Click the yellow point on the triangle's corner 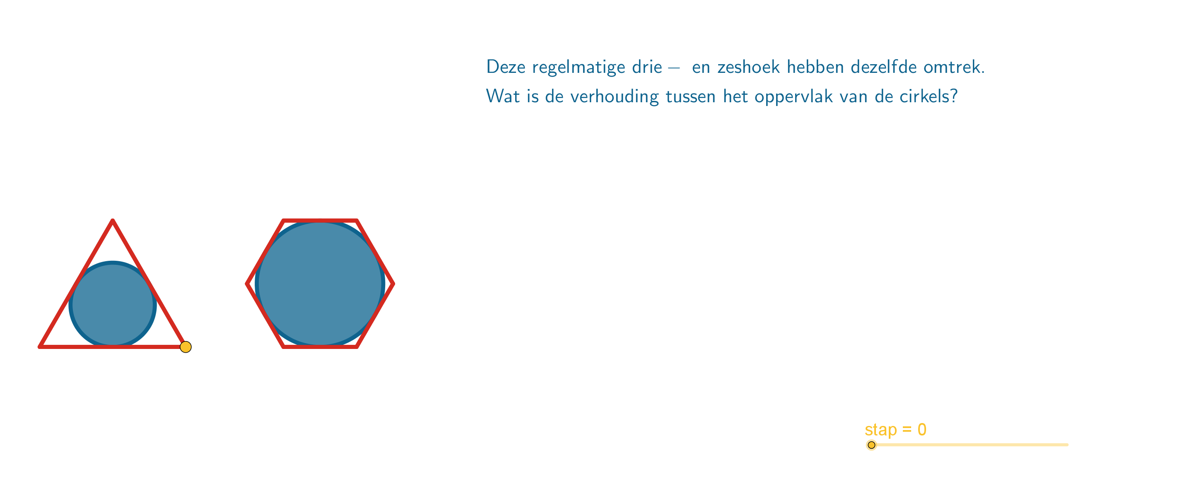pyautogui.click(x=186, y=347)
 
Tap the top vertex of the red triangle pyautogui.click(x=113, y=221)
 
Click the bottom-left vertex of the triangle pyautogui.click(x=40, y=346)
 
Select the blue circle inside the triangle pyautogui.click(x=113, y=305)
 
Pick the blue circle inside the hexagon pyautogui.click(x=320, y=284)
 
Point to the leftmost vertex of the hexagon pyautogui.click(x=247, y=284)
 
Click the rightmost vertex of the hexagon pyautogui.click(x=393, y=284)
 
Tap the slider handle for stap pyautogui.click(x=871, y=445)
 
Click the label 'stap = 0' pyautogui.click(x=895, y=430)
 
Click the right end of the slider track pyautogui.click(x=1068, y=445)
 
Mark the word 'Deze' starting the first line pyautogui.click(x=506, y=67)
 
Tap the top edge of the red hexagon pyautogui.click(x=320, y=221)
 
